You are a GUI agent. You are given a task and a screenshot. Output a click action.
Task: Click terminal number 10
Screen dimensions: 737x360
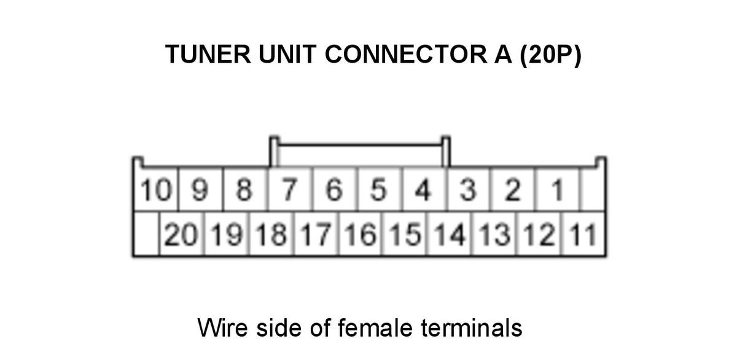tap(156, 190)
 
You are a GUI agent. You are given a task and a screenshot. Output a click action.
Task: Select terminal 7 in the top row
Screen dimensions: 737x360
tap(289, 190)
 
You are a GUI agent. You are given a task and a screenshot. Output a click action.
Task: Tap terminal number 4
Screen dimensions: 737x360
tap(423, 190)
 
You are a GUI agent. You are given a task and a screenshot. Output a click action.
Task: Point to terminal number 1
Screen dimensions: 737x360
tap(558, 190)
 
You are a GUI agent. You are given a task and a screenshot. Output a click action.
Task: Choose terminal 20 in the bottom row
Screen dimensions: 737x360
tap(181, 234)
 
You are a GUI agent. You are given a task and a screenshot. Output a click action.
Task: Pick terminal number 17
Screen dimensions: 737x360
tap(316, 234)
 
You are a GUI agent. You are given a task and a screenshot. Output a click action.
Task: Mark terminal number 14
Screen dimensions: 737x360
tap(450, 234)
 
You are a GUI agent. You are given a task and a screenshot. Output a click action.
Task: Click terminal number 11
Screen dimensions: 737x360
tap(583, 234)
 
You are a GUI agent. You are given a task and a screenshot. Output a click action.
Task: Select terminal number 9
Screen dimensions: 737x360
tap(200, 190)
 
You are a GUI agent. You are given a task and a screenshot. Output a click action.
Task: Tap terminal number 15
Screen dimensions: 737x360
tap(405, 234)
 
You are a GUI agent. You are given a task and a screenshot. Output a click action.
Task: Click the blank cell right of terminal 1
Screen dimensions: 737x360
tap(593, 190)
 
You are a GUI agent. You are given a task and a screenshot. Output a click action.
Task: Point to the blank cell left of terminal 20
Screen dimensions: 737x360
tap(147, 234)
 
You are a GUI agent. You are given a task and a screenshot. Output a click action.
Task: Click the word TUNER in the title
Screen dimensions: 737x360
tap(208, 54)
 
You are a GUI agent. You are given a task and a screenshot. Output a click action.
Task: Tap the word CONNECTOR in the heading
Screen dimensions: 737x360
tap(406, 54)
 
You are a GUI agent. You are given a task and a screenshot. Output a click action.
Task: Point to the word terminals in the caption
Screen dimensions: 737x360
tap(472, 328)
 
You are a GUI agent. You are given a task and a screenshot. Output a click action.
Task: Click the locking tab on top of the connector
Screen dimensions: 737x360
tap(360, 144)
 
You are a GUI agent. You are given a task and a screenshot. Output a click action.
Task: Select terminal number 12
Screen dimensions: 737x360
tap(539, 234)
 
